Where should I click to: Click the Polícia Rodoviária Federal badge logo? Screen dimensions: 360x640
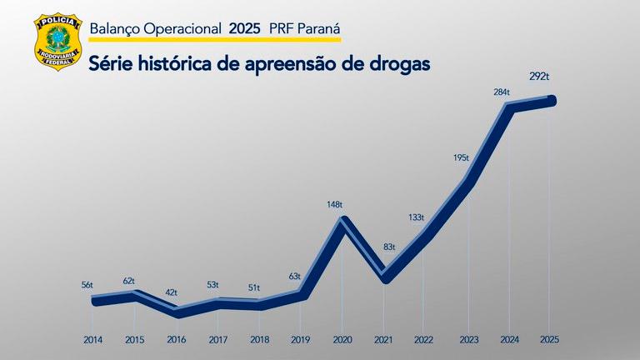pyautogui.click(x=57, y=42)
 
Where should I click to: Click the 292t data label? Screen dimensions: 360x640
pyautogui.click(x=539, y=77)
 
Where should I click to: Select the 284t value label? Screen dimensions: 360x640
pyautogui.click(x=502, y=92)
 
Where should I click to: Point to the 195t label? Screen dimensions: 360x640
pyautogui.click(x=461, y=157)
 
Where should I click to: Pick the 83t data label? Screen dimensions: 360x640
pyautogui.click(x=389, y=247)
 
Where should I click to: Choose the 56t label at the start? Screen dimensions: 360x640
pyautogui.click(x=87, y=285)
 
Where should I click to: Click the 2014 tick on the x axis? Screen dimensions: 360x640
pyautogui.click(x=94, y=339)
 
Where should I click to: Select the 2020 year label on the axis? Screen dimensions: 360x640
pyautogui.click(x=342, y=339)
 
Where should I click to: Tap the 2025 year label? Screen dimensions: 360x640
pyautogui.click(x=548, y=339)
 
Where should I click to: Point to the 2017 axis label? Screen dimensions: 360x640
pyautogui.click(x=217, y=339)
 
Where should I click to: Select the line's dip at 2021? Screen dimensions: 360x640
pyautogui.click(x=384, y=277)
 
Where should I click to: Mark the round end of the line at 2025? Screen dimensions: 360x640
pyautogui.click(x=550, y=101)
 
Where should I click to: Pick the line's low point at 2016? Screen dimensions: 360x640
pyautogui.click(x=177, y=312)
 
